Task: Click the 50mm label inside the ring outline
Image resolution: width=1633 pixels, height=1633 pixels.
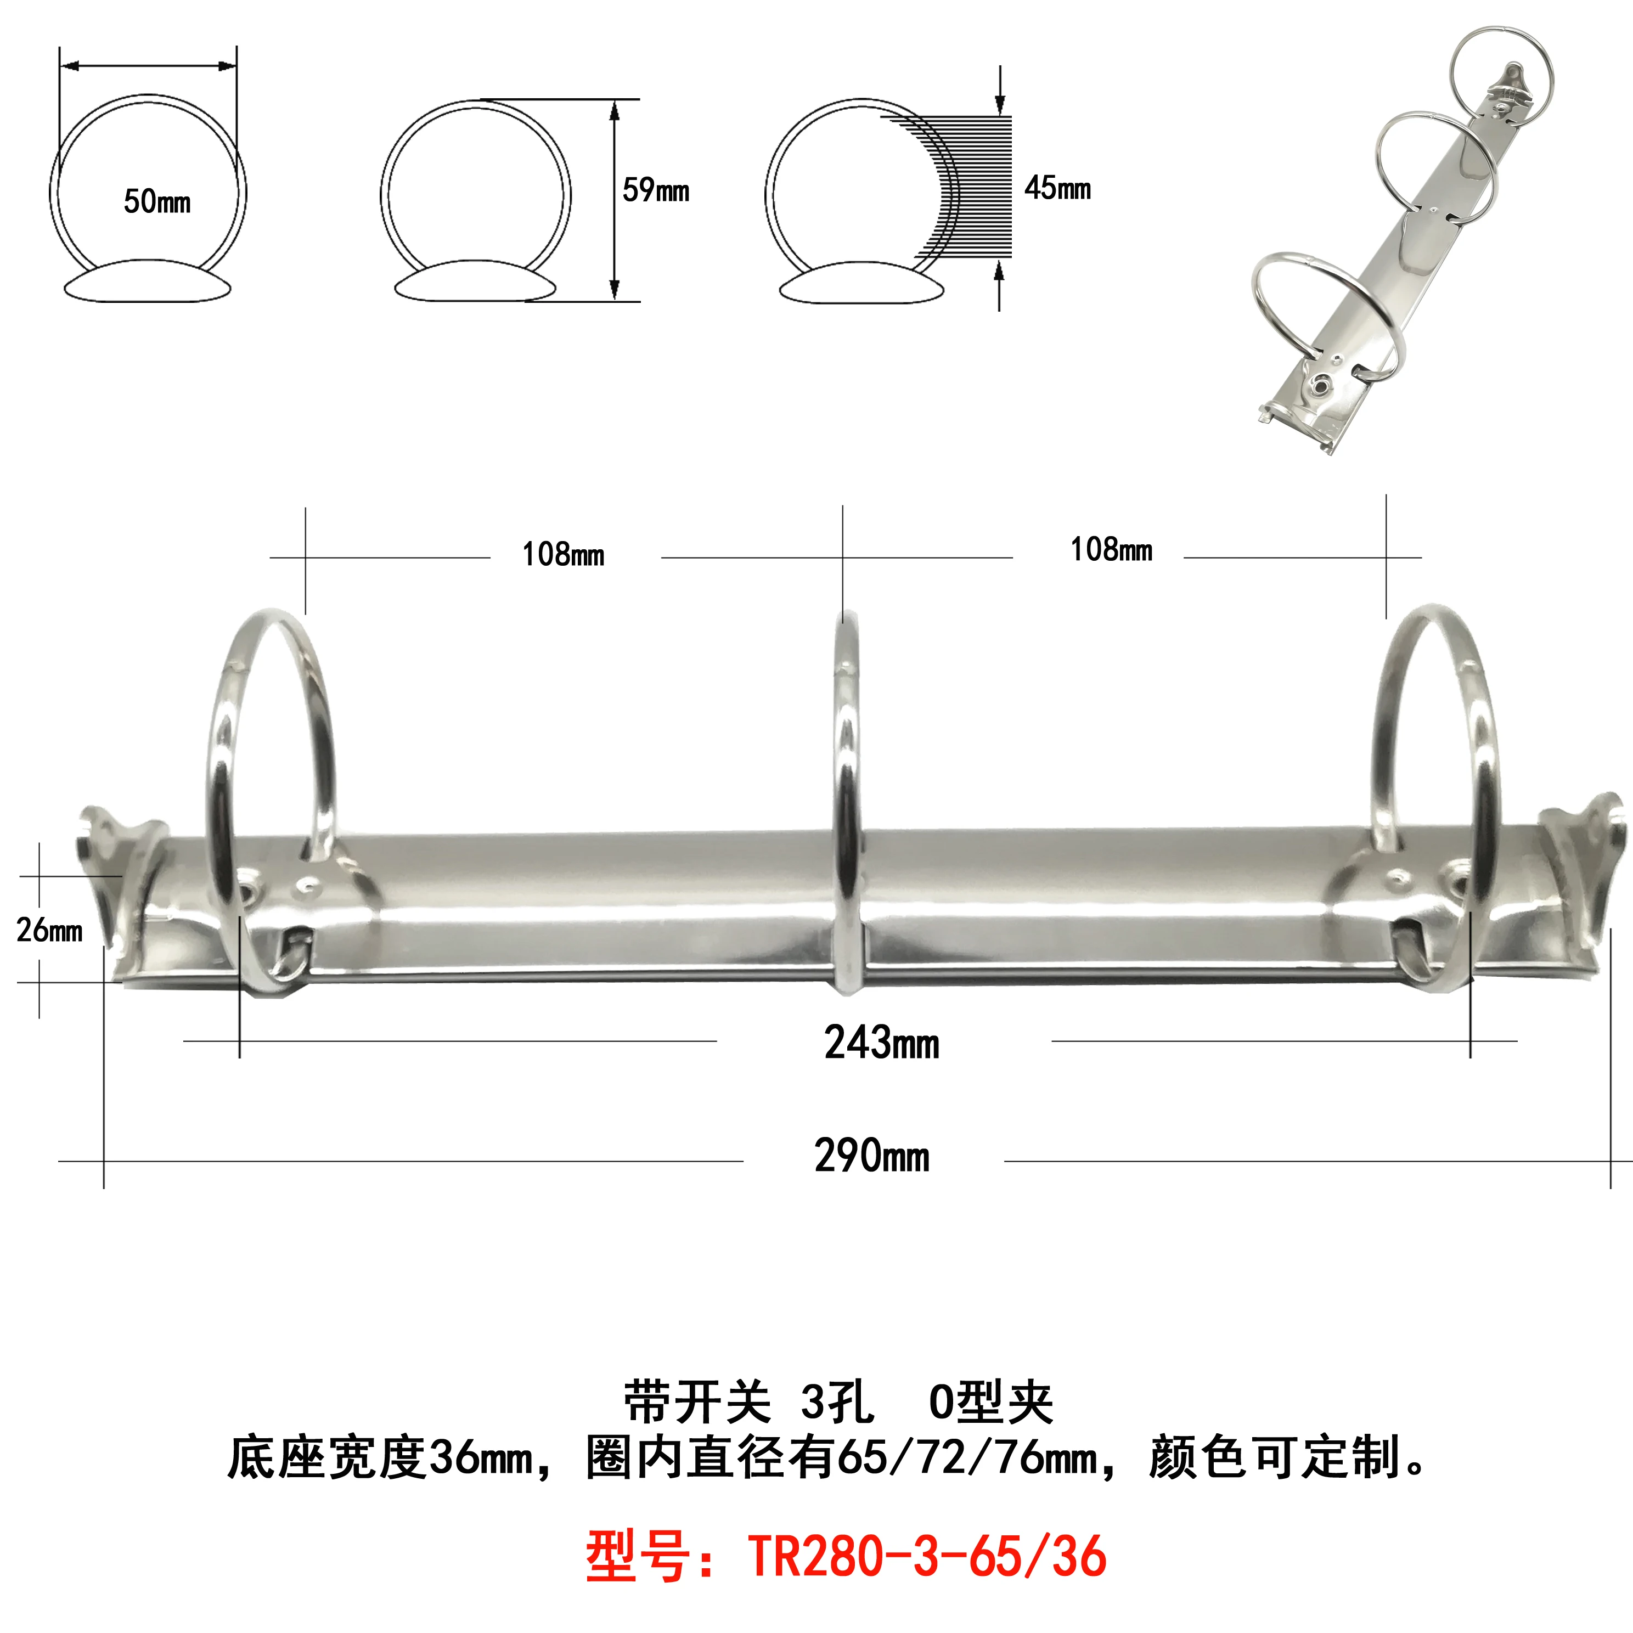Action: (x=157, y=201)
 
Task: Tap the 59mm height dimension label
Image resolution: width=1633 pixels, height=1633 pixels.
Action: (x=655, y=190)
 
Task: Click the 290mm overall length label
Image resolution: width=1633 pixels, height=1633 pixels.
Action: (x=871, y=1156)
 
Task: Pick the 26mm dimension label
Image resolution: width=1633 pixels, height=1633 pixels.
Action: (x=49, y=930)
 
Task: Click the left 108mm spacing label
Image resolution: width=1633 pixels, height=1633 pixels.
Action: (x=563, y=554)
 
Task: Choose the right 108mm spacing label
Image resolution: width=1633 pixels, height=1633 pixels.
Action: (x=1111, y=549)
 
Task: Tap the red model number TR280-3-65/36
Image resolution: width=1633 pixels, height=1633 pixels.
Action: (x=927, y=1556)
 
